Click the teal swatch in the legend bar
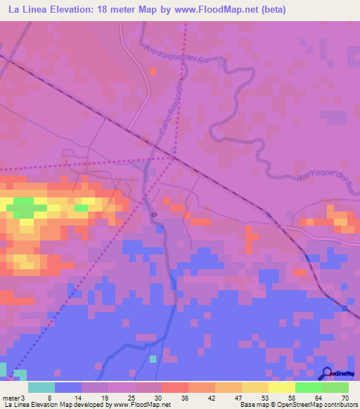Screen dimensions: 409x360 pyautogui.click(x=41, y=387)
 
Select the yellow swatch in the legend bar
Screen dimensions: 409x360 pyautogui.click(x=281, y=387)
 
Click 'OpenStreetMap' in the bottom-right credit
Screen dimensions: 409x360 pyautogui.click(x=304, y=405)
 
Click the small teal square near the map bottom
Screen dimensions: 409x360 pyautogui.click(x=153, y=359)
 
